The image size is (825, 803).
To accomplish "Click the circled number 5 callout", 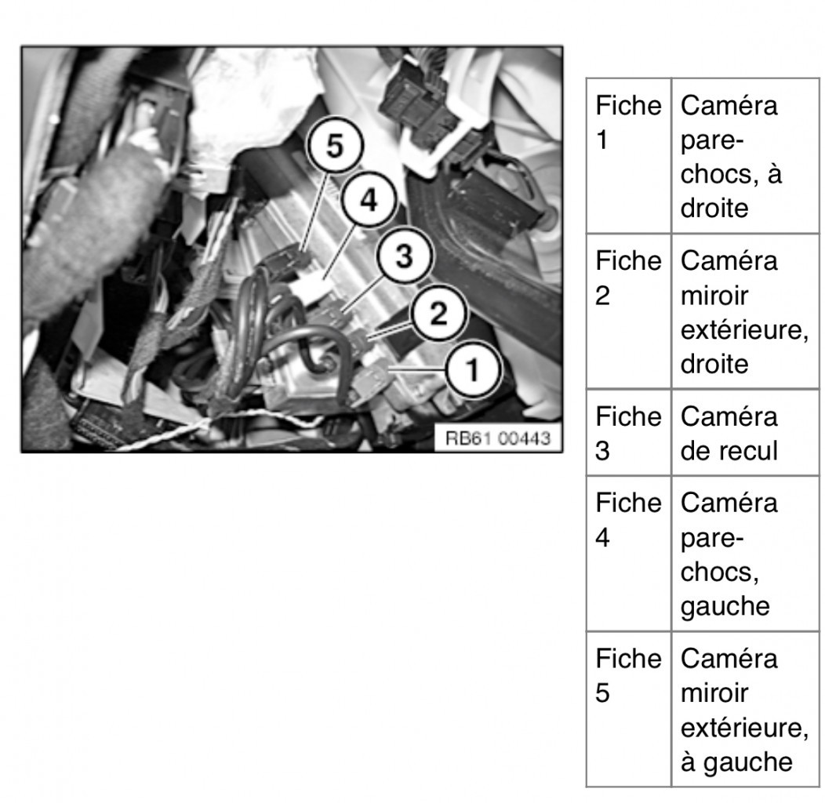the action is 335,145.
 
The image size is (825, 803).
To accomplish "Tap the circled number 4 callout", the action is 369,200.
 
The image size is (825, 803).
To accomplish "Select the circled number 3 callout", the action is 404,256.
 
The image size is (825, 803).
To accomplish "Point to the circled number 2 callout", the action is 438,313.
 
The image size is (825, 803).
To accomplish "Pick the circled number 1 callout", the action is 473,369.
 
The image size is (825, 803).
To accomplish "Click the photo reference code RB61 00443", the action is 498,438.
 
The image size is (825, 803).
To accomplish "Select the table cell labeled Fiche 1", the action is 629,156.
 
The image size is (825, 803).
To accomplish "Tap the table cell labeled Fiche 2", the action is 629,311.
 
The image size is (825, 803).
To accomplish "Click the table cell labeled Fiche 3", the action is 629,433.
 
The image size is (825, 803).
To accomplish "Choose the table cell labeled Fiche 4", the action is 629,554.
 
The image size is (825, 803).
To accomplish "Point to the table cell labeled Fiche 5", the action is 629,710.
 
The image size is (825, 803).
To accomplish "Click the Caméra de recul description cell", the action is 745,433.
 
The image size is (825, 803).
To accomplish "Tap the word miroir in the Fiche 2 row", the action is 714,296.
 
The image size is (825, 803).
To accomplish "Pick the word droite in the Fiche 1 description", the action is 714,209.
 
